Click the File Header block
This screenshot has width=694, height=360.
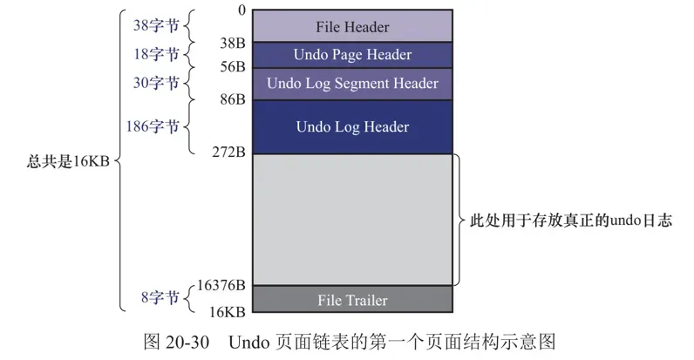point(352,27)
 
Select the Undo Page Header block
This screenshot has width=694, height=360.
point(352,55)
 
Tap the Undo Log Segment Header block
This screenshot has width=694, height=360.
point(352,84)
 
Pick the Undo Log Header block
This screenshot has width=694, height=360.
point(352,127)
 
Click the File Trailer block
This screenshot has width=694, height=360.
point(352,300)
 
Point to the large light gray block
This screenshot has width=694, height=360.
point(352,220)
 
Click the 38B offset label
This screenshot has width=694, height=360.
point(233,42)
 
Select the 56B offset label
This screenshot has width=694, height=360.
point(233,67)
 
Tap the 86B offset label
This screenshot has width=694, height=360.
point(233,100)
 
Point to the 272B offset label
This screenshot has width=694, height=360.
point(229,153)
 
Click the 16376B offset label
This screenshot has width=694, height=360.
point(221,285)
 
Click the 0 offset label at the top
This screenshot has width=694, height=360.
point(241,10)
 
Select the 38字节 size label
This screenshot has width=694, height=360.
point(156,26)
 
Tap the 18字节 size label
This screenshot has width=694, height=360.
point(156,55)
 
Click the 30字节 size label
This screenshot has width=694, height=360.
point(156,84)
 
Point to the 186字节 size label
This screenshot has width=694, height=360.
point(153,127)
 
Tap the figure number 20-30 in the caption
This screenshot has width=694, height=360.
point(181,341)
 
